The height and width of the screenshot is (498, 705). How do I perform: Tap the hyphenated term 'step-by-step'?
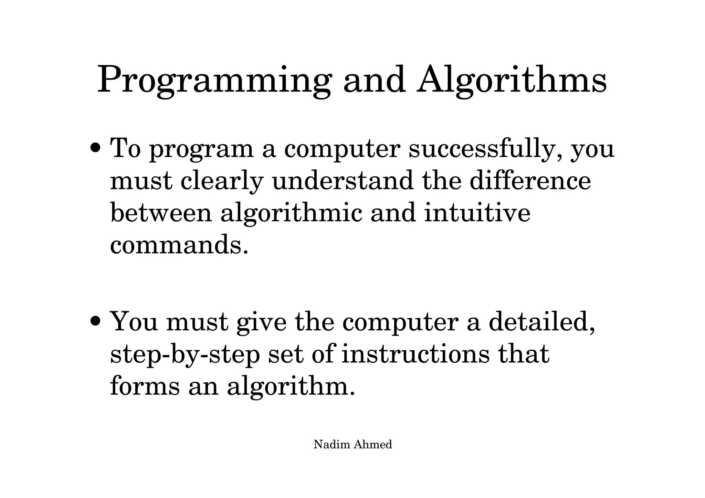pos(185,354)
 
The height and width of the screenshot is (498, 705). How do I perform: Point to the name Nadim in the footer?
pos(332,445)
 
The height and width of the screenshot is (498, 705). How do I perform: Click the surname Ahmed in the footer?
pos(373,445)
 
